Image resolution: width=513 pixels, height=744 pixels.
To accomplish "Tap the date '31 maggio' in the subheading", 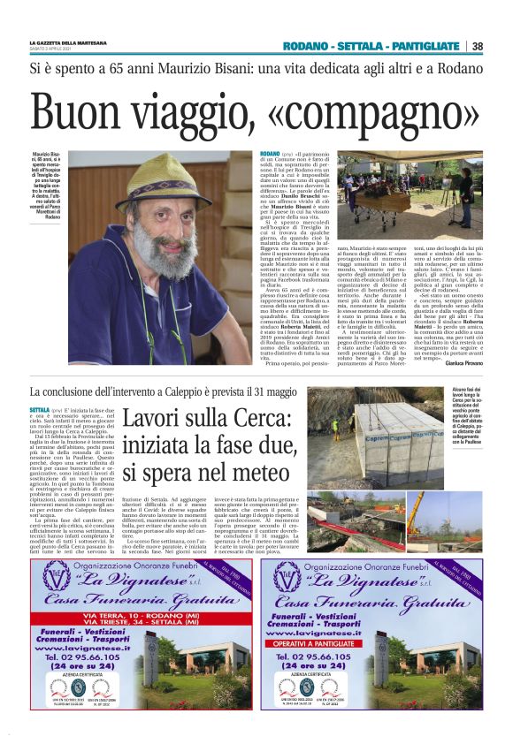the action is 267,391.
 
